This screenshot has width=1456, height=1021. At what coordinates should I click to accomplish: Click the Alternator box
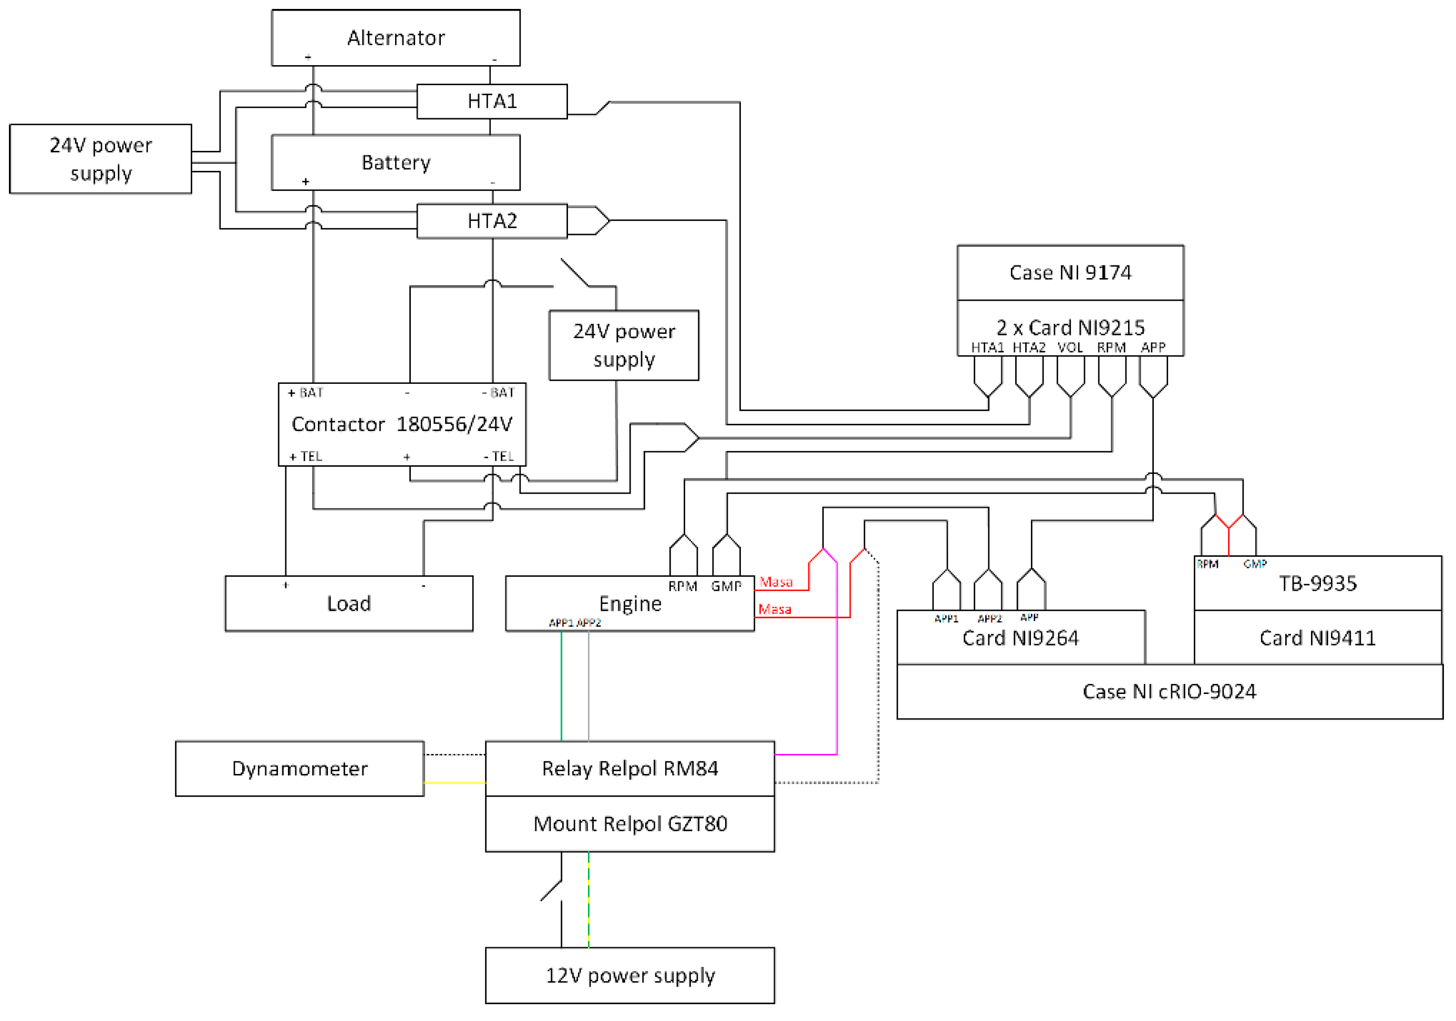(395, 37)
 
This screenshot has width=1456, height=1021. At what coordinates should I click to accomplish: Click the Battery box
(395, 162)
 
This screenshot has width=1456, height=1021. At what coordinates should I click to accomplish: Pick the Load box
(349, 604)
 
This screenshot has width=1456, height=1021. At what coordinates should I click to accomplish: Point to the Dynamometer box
(300, 769)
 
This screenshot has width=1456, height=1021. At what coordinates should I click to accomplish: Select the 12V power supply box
(629, 975)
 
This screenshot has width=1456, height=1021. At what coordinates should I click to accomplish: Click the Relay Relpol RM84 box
(629, 769)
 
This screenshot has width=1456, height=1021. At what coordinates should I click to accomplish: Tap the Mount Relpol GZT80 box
(629, 824)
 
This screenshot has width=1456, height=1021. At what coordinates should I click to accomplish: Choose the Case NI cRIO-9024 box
(1169, 692)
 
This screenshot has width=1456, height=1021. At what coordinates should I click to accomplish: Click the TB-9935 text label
(1317, 584)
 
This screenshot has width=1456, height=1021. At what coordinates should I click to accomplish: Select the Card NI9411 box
(1317, 638)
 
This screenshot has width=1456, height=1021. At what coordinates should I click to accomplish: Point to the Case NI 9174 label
(1070, 273)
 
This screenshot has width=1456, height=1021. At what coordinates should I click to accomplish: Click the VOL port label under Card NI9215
(1070, 348)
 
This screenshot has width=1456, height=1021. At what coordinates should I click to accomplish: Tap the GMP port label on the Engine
(726, 586)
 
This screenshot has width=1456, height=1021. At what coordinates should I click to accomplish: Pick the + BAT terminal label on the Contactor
(306, 393)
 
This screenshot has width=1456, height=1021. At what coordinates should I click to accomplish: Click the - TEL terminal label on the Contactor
(499, 456)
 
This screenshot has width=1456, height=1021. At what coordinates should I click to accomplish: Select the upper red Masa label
(776, 582)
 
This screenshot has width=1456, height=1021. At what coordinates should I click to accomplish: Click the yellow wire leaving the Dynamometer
(454, 783)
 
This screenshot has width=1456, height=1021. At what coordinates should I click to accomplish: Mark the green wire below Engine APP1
(561, 686)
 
